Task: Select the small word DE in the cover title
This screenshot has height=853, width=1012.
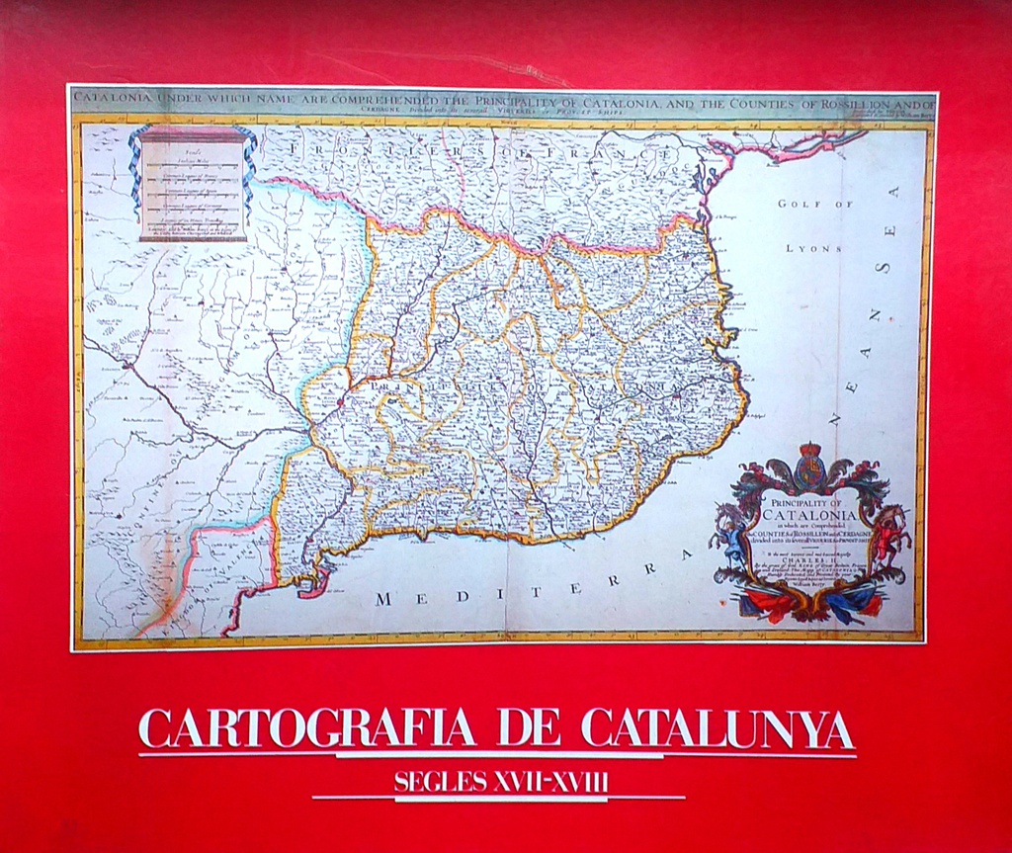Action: tap(529, 729)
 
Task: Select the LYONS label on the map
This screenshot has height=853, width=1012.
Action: tap(814, 248)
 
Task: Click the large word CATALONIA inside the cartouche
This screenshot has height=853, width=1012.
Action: tap(807, 514)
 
